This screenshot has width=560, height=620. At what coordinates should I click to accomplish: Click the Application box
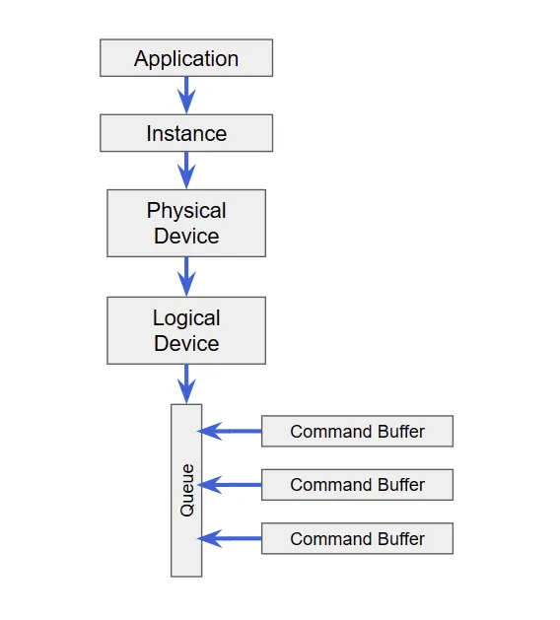(186, 58)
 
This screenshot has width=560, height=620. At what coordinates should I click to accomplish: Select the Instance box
(186, 133)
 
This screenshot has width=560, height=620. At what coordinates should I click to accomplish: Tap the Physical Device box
(186, 223)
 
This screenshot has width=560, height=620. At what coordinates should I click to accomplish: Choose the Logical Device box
(186, 330)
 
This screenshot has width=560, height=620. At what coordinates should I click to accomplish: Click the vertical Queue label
(187, 490)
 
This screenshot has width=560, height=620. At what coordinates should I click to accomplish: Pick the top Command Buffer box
(357, 431)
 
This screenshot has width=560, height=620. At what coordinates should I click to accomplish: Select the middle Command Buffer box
(357, 485)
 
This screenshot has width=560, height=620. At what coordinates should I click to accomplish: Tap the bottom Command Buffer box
(357, 538)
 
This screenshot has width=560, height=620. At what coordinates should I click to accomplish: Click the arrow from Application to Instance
(186, 96)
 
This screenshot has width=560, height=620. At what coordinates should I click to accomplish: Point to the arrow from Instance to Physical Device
(186, 171)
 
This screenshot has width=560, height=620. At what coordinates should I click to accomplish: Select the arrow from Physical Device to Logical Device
(186, 277)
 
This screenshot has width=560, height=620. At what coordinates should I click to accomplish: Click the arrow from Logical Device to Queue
(186, 384)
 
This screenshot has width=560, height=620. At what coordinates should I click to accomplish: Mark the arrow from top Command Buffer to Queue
(230, 431)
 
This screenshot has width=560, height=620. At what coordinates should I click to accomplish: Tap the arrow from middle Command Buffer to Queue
(230, 485)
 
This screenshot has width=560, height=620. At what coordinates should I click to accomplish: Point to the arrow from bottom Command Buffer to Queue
(230, 538)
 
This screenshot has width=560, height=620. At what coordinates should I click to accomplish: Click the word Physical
(186, 210)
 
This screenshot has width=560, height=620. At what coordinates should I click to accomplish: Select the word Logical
(186, 318)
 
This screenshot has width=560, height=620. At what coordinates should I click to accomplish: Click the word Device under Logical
(186, 343)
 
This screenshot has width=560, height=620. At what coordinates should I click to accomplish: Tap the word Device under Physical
(186, 236)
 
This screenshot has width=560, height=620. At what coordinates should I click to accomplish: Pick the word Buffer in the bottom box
(401, 539)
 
